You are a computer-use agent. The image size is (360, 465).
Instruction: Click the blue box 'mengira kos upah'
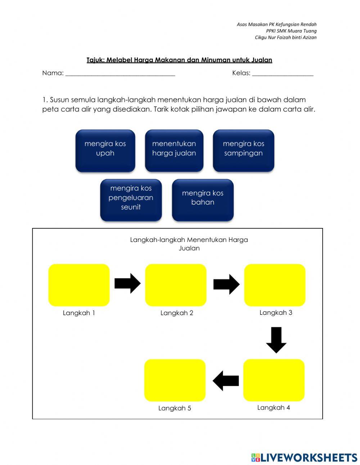(x=105, y=150)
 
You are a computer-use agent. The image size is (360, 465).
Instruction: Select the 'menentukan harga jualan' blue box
(x=174, y=150)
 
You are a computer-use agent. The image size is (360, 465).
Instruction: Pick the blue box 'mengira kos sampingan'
(x=243, y=150)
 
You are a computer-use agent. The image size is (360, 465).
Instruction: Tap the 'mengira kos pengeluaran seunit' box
(x=131, y=200)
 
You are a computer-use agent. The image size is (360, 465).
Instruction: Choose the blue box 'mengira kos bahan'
(x=203, y=200)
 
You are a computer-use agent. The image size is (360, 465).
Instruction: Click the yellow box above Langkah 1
(x=79, y=285)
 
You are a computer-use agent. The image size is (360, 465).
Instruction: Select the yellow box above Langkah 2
(x=176, y=285)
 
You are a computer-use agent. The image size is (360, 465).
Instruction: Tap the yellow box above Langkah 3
(x=275, y=285)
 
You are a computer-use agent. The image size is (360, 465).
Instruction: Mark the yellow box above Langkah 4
(x=274, y=380)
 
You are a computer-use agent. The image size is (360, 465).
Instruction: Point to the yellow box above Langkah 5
(x=175, y=380)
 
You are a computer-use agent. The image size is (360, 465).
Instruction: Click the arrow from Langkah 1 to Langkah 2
(x=127, y=283)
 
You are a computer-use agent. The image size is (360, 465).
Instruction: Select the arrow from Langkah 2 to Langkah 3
(x=226, y=284)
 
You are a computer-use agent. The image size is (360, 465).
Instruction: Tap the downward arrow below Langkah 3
(x=276, y=340)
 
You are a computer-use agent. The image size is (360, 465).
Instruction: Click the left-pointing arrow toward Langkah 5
(x=226, y=381)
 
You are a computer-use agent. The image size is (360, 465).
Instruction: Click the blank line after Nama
(x=120, y=74)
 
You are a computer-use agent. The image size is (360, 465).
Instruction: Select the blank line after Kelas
(x=283, y=74)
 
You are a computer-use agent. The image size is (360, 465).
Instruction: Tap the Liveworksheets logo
(x=304, y=457)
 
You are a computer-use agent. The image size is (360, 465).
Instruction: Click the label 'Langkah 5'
(x=175, y=408)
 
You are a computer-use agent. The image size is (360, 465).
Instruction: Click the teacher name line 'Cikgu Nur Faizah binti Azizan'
(x=285, y=37)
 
